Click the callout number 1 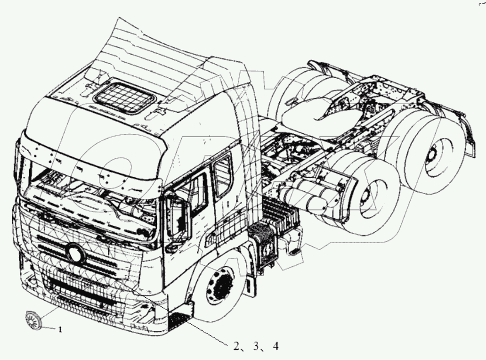click(60, 330)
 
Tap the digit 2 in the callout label click(236, 346)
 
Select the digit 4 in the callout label click(275, 346)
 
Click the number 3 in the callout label click(256, 346)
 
